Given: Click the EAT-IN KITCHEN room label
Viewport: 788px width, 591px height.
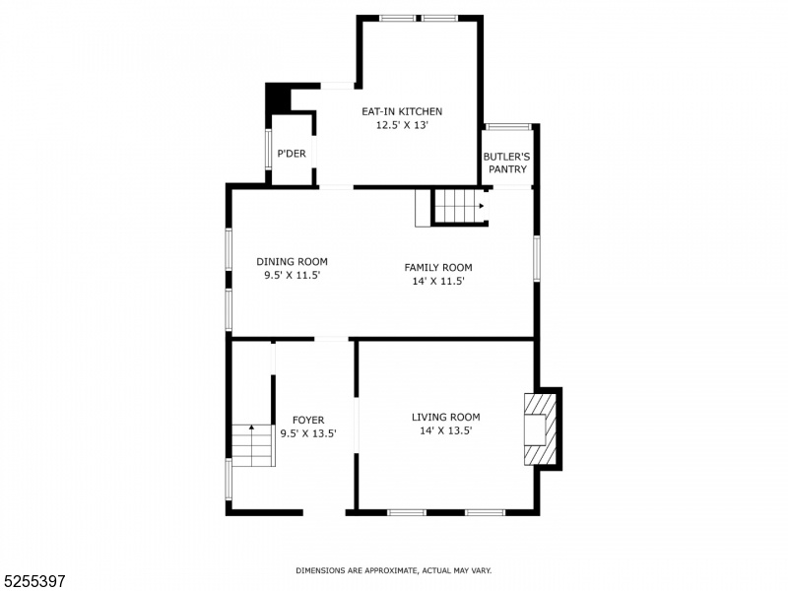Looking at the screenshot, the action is pos(402,111).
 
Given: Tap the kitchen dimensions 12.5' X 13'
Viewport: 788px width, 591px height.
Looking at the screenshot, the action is pos(402,125).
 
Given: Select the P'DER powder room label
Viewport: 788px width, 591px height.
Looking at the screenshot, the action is pos(292,154).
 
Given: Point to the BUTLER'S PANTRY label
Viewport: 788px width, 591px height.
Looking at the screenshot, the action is pos(506,163).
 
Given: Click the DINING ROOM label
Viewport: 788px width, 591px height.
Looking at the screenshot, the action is pos(292,261).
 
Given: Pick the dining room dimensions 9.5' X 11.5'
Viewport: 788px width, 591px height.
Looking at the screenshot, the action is pos(292,275).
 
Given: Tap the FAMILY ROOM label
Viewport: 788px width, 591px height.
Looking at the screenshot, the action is pos(438,267).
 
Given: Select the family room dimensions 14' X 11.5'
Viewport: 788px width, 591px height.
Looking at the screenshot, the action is pos(438,281).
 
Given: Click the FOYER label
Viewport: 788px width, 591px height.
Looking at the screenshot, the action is pos(308,420).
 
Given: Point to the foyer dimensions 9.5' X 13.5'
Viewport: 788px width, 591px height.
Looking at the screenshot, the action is pos(308,433).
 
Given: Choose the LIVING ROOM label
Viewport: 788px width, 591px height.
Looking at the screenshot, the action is pos(446,417).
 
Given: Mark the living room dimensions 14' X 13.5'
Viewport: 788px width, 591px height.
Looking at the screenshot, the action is pos(446,430).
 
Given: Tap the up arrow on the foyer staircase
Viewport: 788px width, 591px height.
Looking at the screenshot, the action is pos(252,427).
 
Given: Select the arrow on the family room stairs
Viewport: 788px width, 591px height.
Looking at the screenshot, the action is pos(482,206).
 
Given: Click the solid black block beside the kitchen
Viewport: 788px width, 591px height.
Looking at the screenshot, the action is pos(278,98).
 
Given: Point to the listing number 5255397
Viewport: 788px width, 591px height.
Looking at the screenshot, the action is pos(33,581).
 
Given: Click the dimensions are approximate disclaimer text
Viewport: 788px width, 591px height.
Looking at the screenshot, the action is pos(393,570).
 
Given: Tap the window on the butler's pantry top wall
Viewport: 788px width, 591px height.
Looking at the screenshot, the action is pos(507,127).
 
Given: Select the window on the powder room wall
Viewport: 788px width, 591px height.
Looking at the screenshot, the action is pos(268,149).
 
